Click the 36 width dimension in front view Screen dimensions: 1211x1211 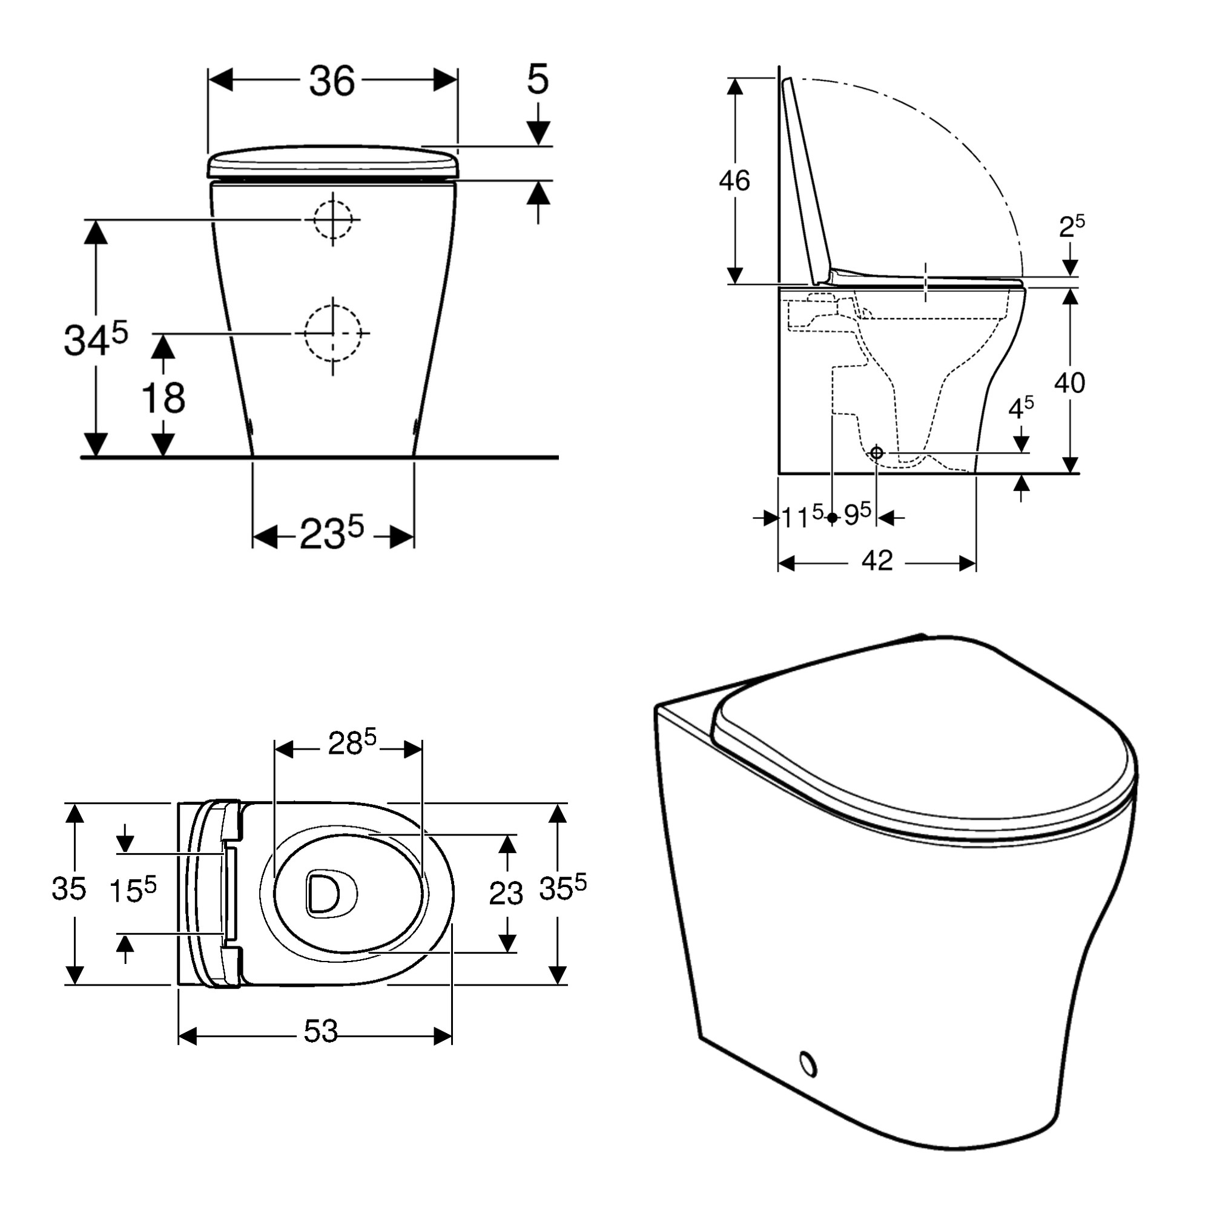[x=332, y=81]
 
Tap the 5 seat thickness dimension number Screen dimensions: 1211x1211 [x=537, y=79]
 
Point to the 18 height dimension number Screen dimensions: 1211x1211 [x=163, y=397]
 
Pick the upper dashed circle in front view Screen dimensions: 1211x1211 [x=333, y=219]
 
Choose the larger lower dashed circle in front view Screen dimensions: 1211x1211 [x=333, y=333]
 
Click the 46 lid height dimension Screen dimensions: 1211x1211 [x=734, y=180]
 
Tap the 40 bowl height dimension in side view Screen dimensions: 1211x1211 [x=1069, y=382]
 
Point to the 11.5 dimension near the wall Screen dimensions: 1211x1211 [x=802, y=516]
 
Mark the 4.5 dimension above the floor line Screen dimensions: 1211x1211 [x=1020, y=408]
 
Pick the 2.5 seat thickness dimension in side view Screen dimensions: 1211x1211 [x=1071, y=226]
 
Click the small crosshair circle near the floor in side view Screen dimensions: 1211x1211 [x=876, y=452]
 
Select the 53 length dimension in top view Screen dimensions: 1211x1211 [x=320, y=1031]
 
